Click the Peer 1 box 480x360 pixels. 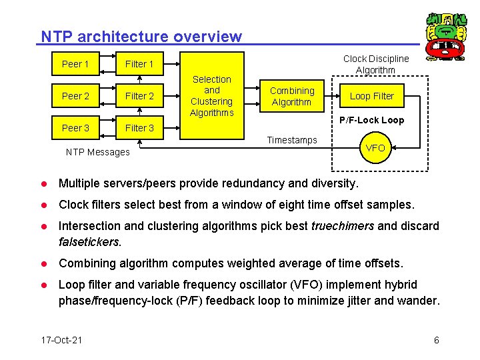tap(75, 64)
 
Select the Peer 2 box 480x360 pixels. tap(75, 96)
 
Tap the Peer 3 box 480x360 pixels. tap(75, 127)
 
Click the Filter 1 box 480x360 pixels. tap(139, 64)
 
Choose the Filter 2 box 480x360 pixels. tap(139, 96)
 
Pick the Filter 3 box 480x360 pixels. tap(139, 127)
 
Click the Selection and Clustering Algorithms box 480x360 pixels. tap(211, 96)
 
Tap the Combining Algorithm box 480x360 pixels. tap(292, 96)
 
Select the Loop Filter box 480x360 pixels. tap(372, 96)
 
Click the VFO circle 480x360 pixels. tap(376, 148)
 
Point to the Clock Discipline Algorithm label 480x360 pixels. tap(376, 64)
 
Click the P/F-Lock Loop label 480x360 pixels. tap(371, 121)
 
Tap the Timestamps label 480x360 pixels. tap(292, 140)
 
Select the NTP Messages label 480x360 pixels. tap(98, 152)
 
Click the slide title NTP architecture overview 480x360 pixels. tap(141, 37)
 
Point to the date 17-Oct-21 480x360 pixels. tap(61, 340)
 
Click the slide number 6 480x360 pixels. tap(436, 340)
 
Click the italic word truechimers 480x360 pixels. tap(342, 226)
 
